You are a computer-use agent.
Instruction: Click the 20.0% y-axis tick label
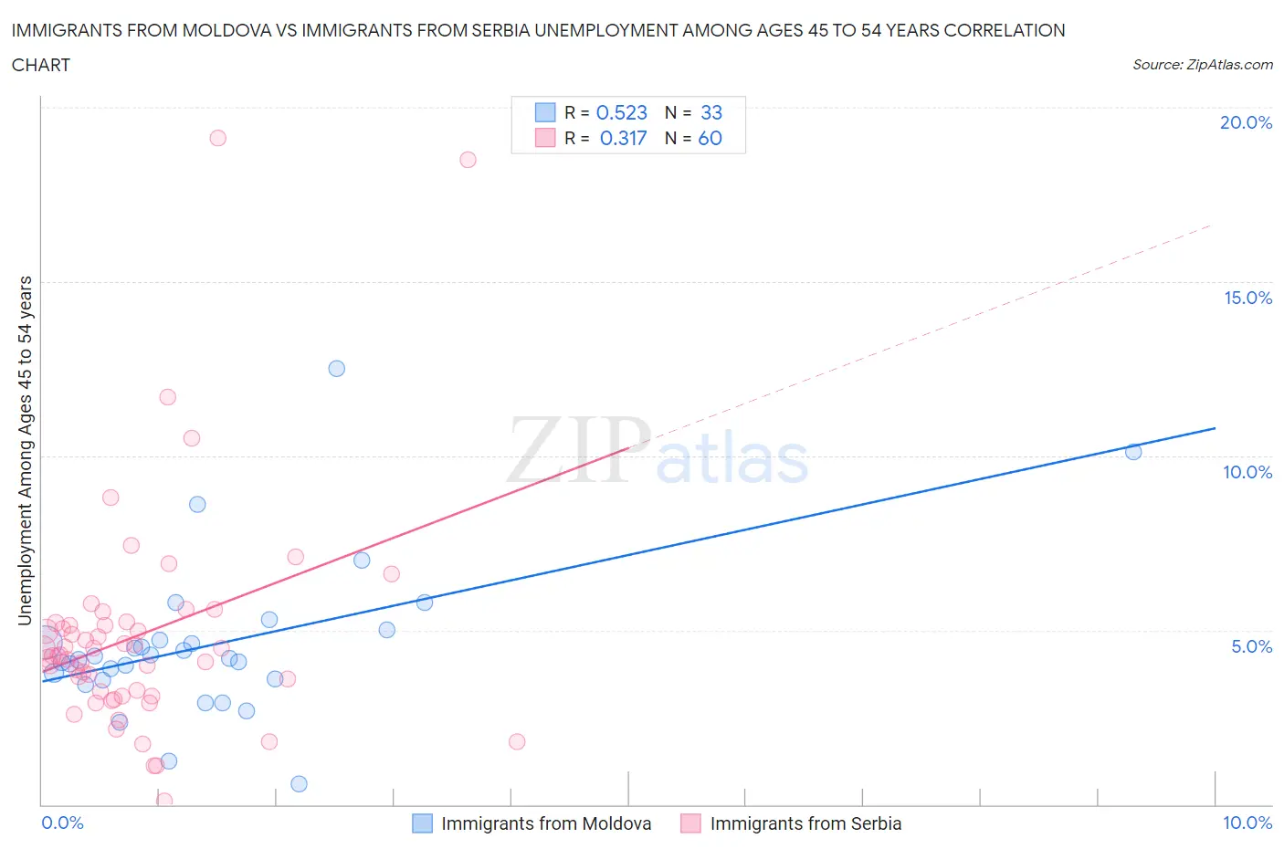(x=1246, y=122)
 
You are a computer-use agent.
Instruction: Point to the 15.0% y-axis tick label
(x=1247, y=298)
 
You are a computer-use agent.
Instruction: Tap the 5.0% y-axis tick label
(x=1251, y=646)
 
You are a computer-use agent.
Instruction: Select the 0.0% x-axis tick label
(x=62, y=823)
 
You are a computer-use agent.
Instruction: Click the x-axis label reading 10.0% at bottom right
(x=1247, y=823)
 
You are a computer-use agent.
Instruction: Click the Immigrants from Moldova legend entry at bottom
(x=545, y=823)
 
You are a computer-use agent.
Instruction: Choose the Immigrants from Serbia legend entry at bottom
(x=805, y=823)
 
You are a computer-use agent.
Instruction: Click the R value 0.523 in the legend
(x=621, y=112)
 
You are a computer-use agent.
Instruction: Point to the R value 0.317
(x=623, y=138)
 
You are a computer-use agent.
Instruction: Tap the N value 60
(x=710, y=138)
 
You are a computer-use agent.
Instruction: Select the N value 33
(x=710, y=112)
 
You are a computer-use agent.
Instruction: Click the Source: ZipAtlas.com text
(x=1202, y=64)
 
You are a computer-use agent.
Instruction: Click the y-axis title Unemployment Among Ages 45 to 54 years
(x=26, y=451)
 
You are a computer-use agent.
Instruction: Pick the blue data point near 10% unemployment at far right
(x=1133, y=452)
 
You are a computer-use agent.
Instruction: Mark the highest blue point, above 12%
(x=336, y=369)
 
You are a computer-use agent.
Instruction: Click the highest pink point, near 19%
(x=217, y=138)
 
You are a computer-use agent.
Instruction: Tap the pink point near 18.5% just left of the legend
(x=468, y=160)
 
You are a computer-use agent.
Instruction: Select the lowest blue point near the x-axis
(x=299, y=784)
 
